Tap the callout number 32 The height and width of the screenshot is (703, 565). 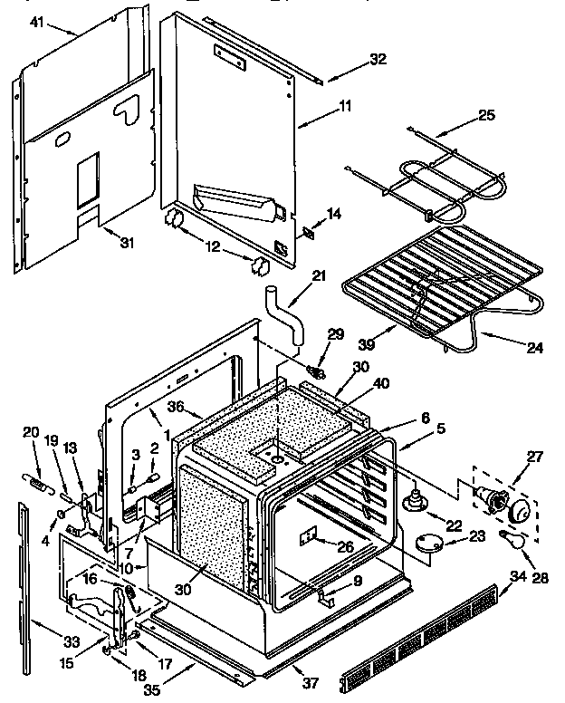click(378, 60)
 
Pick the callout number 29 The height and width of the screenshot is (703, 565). click(337, 336)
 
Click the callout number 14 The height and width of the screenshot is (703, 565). click(335, 214)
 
